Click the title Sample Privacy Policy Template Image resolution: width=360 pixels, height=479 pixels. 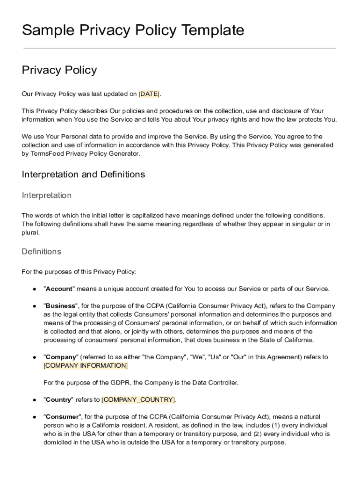[x=133, y=30]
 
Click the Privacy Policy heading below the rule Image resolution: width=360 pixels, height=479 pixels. [x=59, y=70]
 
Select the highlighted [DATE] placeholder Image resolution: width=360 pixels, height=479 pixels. [x=149, y=94]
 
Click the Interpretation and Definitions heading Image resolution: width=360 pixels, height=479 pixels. [x=83, y=174]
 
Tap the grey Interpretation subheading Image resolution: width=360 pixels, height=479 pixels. [x=46, y=195]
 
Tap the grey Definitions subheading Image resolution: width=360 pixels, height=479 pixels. [x=41, y=252]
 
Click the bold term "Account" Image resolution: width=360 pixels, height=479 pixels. [x=59, y=289]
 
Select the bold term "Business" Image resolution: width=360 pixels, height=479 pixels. [x=61, y=306]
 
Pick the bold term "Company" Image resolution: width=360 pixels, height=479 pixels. [x=61, y=357]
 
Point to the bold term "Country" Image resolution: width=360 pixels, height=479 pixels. [x=58, y=400]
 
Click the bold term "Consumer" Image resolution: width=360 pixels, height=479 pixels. [x=62, y=417]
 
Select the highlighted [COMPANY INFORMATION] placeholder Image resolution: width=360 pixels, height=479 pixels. [x=85, y=366]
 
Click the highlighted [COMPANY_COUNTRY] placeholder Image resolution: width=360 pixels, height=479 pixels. [x=138, y=400]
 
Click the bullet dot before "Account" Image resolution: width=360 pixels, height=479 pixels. [x=35, y=289]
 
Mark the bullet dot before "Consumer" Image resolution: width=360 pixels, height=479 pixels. [x=35, y=417]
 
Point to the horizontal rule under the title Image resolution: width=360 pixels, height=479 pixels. [x=180, y=48]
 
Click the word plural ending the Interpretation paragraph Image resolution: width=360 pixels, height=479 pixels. [x=30, y=232]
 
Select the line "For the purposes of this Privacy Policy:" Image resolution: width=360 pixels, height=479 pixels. [x=79, y=272]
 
